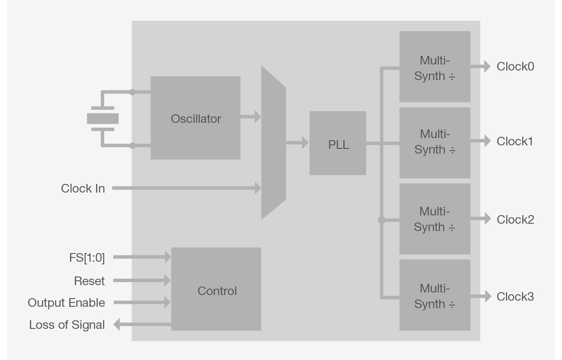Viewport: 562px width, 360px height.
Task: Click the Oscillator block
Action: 195,118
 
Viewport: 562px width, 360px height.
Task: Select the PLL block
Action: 338,143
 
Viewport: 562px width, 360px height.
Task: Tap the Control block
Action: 216,289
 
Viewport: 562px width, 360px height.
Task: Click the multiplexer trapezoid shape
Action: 273,143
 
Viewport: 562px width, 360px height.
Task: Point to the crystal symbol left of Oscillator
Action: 103,119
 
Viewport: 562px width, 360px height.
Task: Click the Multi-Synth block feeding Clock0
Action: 434,67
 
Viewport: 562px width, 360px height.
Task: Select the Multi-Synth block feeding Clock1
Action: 434,142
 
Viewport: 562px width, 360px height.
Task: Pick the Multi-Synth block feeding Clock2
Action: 434,219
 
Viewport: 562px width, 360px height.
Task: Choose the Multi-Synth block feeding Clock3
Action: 434,295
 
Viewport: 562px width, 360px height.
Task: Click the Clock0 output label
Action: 515,67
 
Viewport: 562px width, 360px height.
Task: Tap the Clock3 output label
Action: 515,297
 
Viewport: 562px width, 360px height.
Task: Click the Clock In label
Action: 83,189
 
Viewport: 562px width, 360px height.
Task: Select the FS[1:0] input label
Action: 87,258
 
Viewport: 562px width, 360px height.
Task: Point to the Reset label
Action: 89,281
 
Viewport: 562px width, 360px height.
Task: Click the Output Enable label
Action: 67,303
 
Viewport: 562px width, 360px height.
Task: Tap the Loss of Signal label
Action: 67,325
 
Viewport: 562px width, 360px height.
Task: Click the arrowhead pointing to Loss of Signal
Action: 116,324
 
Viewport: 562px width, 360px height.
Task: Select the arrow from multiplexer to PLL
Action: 297,142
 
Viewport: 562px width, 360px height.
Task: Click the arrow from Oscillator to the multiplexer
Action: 251,116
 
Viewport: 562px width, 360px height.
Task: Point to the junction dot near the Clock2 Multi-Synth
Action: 381,220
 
